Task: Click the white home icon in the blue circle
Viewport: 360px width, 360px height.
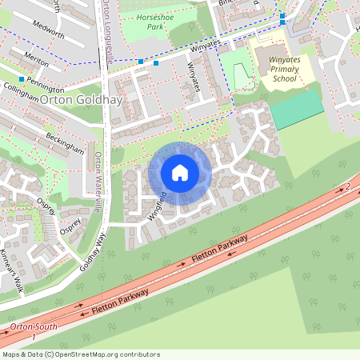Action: tap(180, 173)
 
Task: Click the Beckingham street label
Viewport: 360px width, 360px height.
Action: tap(64, 142)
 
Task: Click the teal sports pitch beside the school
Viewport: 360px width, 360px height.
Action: tap(297, 110)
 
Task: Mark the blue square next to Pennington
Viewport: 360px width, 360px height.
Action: tap(22, 79)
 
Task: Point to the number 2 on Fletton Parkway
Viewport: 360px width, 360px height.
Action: tap(349, 186)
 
